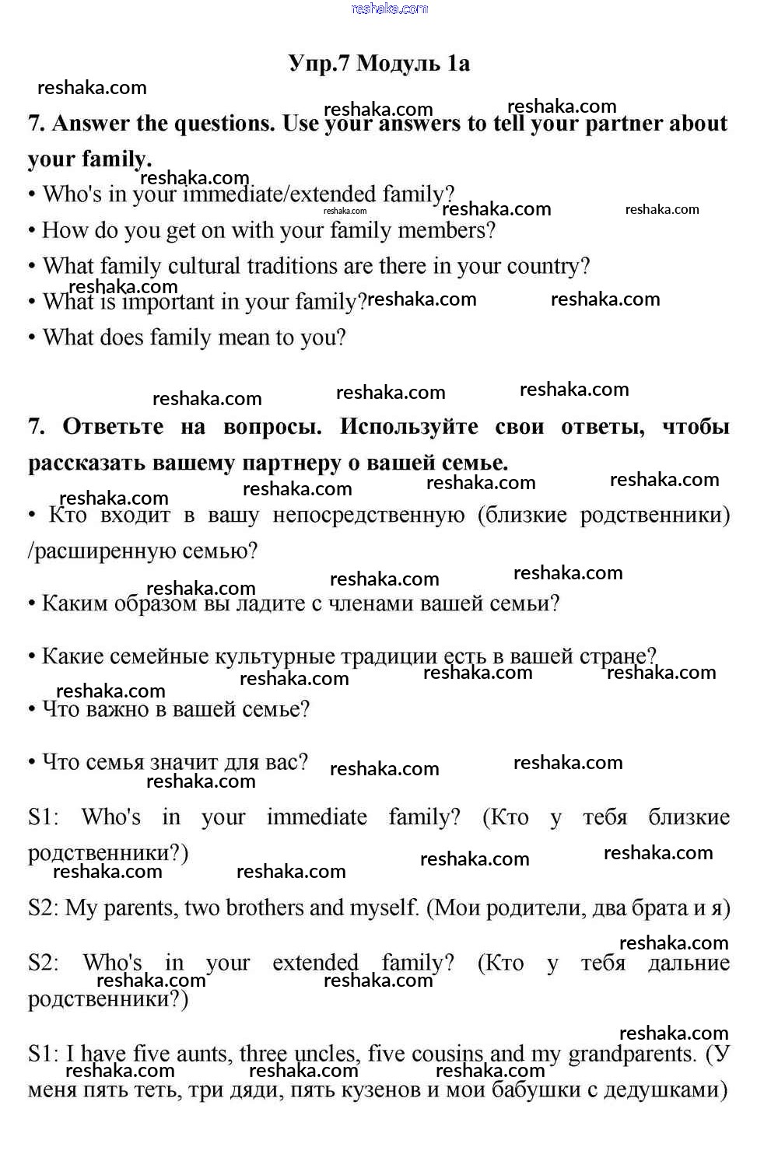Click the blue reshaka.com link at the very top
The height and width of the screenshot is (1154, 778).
coord(389,9)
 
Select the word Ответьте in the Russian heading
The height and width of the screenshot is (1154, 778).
coord(113,426)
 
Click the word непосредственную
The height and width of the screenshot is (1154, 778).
coord(369,515)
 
